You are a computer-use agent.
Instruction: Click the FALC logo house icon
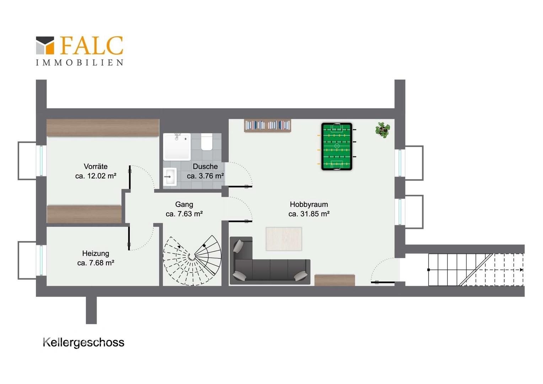pyautogui.click(x=45, y=46)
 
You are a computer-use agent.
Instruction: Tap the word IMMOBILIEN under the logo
pyautogui.click(x=80, y=63)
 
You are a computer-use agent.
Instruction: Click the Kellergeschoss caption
pyautogui.click(x=84, y=342)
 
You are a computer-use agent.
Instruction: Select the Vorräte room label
pyautogui.click(x=96, y=167)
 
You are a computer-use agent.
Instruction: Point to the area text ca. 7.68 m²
pyautogui.click(x=96, y=263)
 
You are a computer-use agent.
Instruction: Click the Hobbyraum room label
pyautogui.click(x=309, y=204)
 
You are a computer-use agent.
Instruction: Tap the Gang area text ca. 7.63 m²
pyautogui.click(x=184, y=214)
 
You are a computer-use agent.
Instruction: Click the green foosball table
pyautogui.click(x=337, y=146)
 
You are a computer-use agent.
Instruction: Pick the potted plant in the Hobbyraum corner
pyautogui.click(x=383, y=130)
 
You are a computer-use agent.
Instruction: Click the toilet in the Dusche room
pyautogui.click(x=206, y=142)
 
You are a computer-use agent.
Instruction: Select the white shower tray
pyautogui.click(x=177, y=147)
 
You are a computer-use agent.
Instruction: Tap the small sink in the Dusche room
pyautogui.click(x=170, y=177)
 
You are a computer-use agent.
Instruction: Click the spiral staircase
pyautogui.click(x=192, y=261)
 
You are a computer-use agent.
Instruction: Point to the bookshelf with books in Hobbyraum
pyautogui.click(x=267, y=126)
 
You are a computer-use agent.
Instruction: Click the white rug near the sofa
pyautogui.click(x=284, y=239)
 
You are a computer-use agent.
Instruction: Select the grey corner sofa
pyautogui.click(x=270, y=261)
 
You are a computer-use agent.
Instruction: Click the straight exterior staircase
pyautogui.click(x=475, y=270)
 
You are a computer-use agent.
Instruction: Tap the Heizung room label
pyautogui.click(x=96, y=254)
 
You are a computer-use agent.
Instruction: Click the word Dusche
pyautogui.click(x=205, y=167)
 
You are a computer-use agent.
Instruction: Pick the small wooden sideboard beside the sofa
pyautogui.click(x=334, y=280)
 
